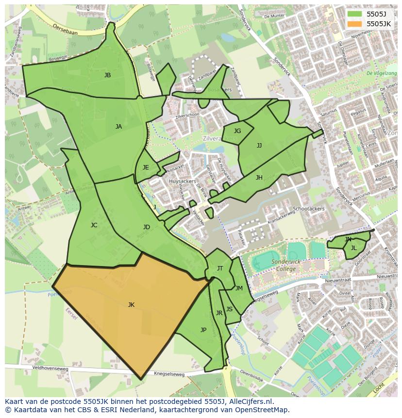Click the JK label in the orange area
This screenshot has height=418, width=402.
point(131,305)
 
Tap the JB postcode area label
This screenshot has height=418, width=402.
point(107,75)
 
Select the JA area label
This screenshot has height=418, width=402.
point(118,127)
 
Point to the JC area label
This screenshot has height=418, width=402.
point(94,225)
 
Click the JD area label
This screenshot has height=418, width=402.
point(147,227)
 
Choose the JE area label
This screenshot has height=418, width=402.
point(146,167)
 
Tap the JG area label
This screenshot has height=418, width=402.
point(237,131)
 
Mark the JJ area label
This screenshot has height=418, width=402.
point(259,145)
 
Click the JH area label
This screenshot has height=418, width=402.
point(259,178)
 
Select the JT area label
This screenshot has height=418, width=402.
point(220,268)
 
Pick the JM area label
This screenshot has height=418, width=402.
point(239,288)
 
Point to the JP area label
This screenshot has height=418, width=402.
point(203,330)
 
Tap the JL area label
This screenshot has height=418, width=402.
point(354,248)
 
